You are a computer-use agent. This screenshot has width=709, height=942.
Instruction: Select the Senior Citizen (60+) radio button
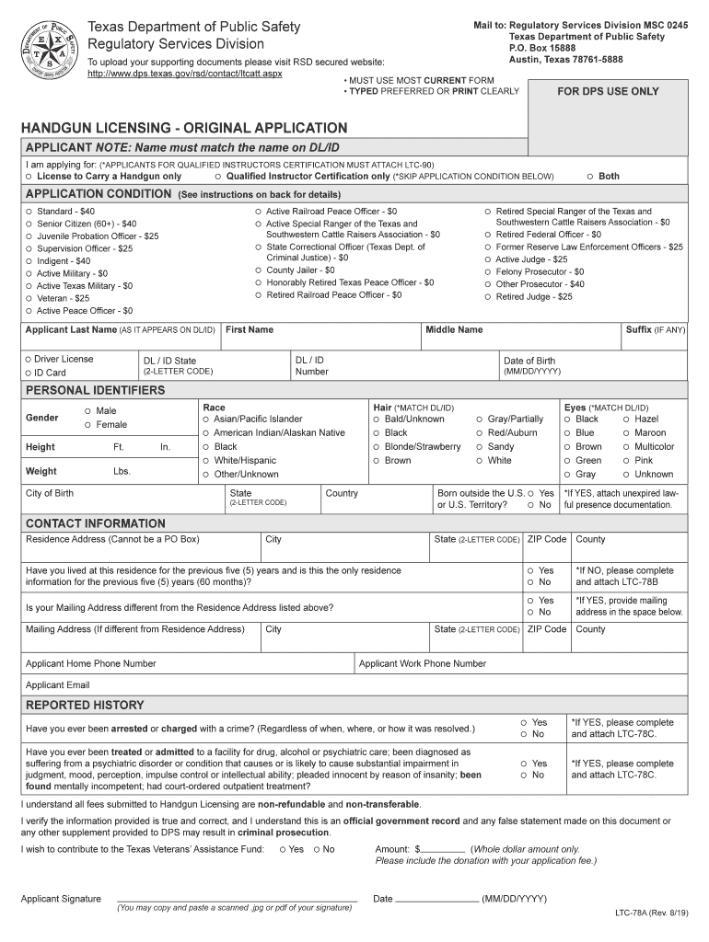29,224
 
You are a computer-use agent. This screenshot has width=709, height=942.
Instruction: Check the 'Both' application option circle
589,176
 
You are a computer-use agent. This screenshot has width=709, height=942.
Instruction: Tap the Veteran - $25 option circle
29,298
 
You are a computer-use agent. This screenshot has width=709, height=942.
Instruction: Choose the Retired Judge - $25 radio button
487,296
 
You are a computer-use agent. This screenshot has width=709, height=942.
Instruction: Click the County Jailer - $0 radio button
258,270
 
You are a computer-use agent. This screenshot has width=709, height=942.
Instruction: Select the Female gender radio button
87,425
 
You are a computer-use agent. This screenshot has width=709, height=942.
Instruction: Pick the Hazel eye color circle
626,419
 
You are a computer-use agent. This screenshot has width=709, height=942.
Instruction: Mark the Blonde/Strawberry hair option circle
377,446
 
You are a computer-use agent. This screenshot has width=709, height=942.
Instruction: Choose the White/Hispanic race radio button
205,460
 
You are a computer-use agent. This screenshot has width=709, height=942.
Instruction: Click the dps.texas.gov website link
184,73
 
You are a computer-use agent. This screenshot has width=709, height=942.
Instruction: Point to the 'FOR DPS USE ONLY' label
608,91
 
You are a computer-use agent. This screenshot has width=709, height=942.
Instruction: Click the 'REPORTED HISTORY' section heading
85,705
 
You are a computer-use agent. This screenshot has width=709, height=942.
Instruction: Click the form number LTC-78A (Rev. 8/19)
652,913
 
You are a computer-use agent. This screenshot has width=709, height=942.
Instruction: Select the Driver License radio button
29,359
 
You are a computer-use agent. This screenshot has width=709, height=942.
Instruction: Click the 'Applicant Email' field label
57,684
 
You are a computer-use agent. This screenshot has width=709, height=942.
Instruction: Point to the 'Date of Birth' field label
529,361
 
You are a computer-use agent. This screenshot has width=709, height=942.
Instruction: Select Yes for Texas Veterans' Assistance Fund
282,849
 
